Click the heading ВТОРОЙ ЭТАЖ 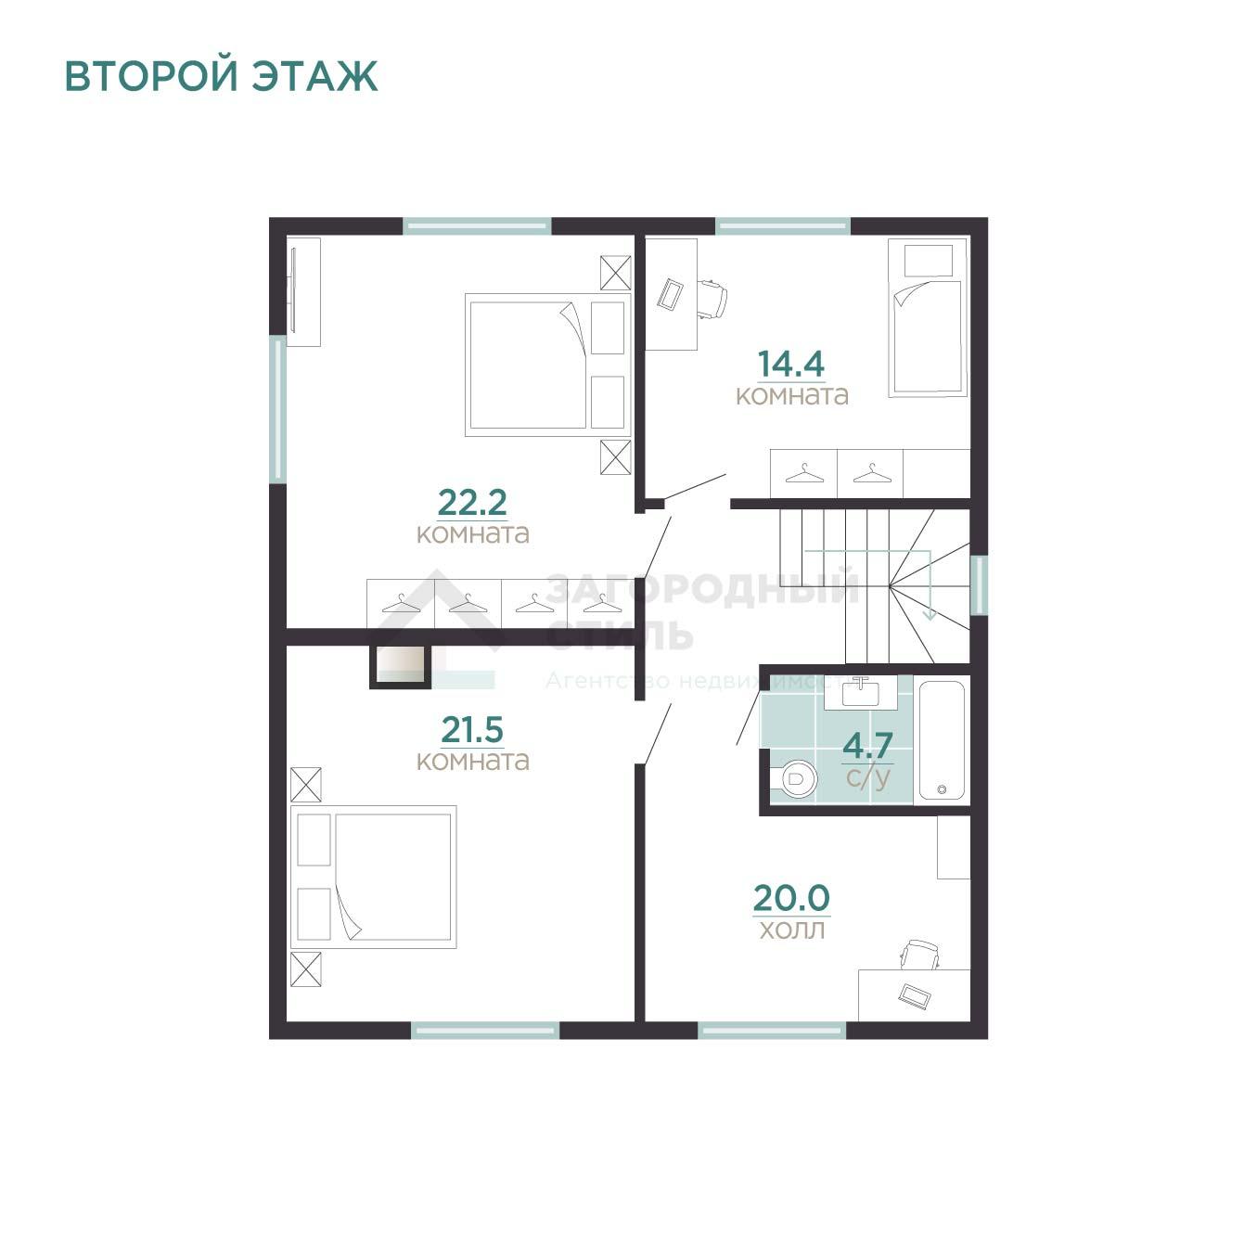point(221,76)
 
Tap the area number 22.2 point(471,502)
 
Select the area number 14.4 point(791,364)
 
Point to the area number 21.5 point(471,729)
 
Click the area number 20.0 point(791,898)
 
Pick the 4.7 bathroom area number point(867,746)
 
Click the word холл point(792,930)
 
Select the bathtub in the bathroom point(942,739)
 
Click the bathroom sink point(861,693)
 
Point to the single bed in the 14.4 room point(927,317)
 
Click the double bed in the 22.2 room point(548,365)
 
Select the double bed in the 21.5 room point(373,877)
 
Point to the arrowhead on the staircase point(930,614)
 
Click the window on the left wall point(278,409)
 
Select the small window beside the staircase point(979,584)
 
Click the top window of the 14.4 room point(783,226)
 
